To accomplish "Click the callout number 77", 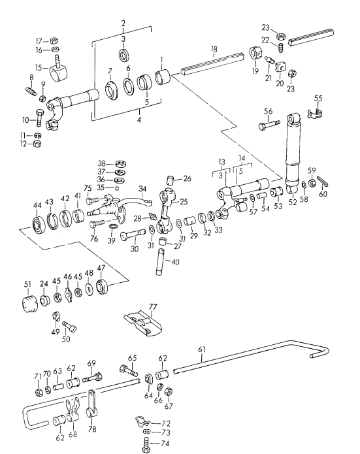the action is point(153,306).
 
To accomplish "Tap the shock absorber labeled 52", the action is point(293,154).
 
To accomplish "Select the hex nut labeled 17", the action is point(54,41).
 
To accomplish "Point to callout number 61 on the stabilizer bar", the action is point(202,349).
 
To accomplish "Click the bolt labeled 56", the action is point(269,125).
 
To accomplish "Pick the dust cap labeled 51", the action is point(30,304).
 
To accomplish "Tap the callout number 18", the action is point(214,49).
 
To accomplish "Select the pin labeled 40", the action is point(160,261).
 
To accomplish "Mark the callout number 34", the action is point(142,189).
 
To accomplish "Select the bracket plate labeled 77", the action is point(142,324).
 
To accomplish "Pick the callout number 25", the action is point(184,201).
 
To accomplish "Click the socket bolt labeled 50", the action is point(69,326).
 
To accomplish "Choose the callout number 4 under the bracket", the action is point(139,120).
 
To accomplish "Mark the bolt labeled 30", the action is point(133,235).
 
